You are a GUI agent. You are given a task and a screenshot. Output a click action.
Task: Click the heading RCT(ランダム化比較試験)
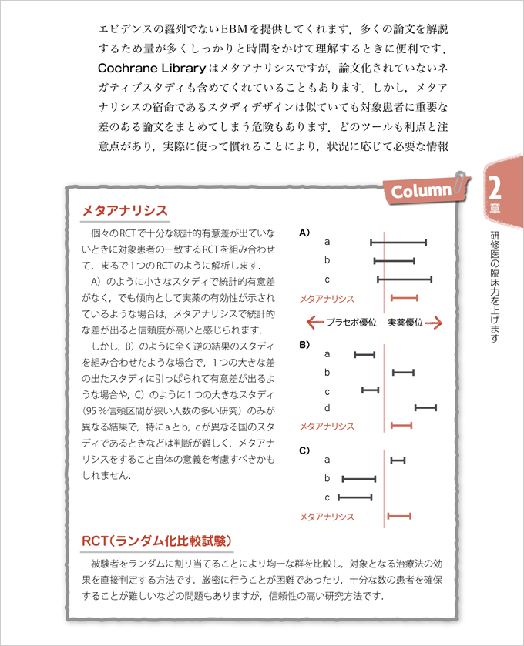tap(157, 541)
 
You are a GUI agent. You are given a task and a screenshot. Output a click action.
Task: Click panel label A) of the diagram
tap(304, 229)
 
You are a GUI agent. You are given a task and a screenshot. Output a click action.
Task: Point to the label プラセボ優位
tap(351, 323)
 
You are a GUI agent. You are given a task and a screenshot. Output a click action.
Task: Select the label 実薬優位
tap(405, 323)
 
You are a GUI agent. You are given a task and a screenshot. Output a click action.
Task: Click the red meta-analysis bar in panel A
tap(405, 297)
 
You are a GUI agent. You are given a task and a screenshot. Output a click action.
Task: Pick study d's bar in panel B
tap(425, 407)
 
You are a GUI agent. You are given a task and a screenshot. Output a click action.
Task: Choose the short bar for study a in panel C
tap(398, 460)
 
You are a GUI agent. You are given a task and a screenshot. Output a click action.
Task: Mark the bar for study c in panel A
tap(405, 279)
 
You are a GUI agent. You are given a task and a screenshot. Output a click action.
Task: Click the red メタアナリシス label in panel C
tap(327, 517)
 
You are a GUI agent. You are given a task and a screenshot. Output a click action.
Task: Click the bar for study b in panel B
tap(403, 373)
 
